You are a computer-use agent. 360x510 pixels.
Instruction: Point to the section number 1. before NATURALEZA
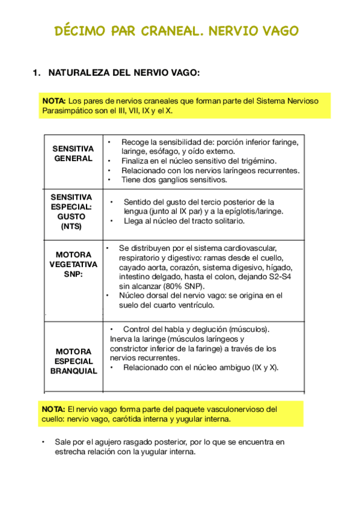(36, 73)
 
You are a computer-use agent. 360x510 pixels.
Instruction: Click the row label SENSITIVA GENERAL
(73, 153)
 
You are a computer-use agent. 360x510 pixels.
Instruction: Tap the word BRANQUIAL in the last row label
(73, 371)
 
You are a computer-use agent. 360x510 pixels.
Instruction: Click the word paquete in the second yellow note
(188, 409)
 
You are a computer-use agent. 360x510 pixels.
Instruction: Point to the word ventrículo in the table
(191, 305)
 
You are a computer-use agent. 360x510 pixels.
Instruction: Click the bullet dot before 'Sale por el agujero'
(43, 442)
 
